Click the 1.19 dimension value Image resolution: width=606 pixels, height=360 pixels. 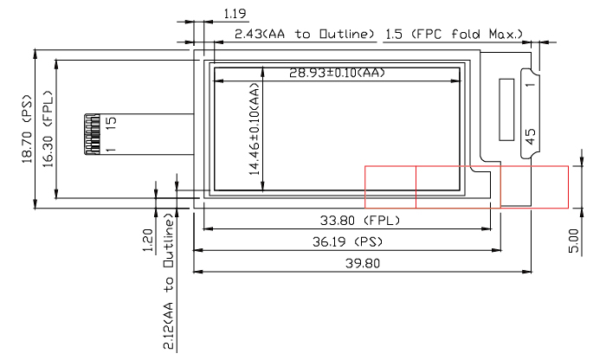pos(235,13)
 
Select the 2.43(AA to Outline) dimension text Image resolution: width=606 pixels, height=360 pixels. pos(303,35)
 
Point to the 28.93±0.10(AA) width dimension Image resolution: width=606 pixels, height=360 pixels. pos(337,74)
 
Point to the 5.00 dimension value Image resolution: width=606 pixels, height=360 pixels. pos(574,235)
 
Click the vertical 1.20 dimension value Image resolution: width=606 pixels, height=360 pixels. pos(147,238)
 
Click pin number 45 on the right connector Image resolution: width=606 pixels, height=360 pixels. pos(531,137)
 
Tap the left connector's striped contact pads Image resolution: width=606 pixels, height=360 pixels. pos(92,134)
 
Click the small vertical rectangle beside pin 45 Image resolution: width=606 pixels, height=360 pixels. pos(506,110)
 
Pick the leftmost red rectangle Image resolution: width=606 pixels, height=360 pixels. pos(390,187)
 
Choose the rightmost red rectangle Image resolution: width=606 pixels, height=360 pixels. pos(534,187)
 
